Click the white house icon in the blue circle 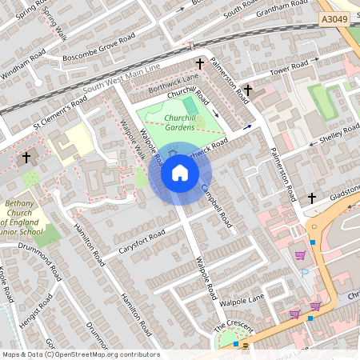[x=180, y=173]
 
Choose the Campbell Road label [x=215, y=202]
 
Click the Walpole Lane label [x=245, y=302]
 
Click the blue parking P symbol [x=305, y=273]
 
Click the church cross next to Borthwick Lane [x=199, y=63]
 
